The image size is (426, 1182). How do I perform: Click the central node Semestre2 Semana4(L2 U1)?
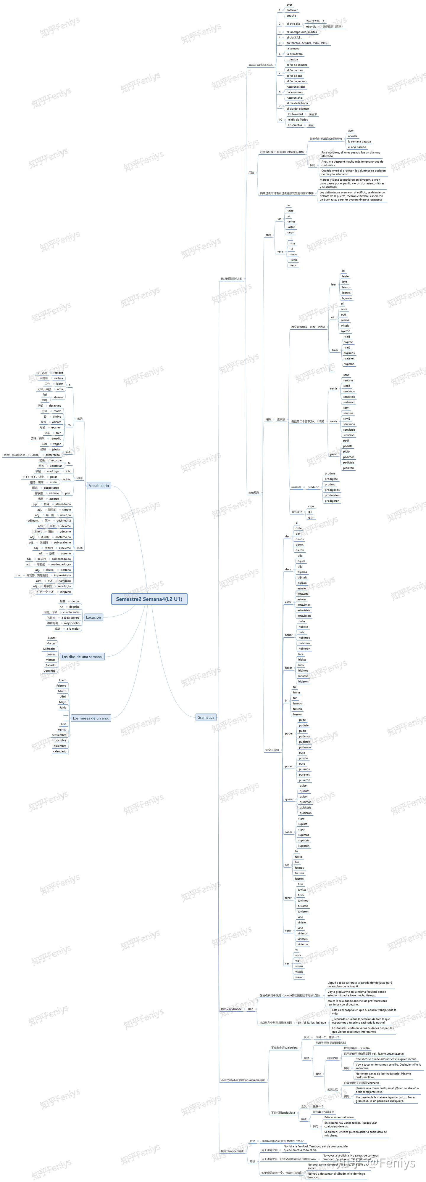point(149,599)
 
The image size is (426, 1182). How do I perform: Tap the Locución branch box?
point(93,617)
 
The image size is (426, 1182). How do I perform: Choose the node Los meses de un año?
point(91,718)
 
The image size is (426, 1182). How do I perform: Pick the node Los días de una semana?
point(82,657)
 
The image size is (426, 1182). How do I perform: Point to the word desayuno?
point(55,406)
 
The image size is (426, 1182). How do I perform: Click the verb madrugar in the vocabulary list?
point(53,471)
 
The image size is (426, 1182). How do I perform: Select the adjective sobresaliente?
point(62,542)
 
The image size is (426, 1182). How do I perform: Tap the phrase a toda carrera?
point(70,618)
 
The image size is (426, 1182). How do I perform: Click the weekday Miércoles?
point(49,649)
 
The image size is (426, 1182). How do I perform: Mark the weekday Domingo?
point(49,671)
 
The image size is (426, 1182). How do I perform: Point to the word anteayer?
point(292,10)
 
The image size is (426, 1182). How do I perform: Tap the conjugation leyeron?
point(347,298)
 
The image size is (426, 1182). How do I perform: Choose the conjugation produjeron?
point(332,501)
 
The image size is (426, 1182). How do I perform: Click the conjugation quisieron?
point(305,813)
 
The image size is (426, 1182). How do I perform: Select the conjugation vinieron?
point(303,944)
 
